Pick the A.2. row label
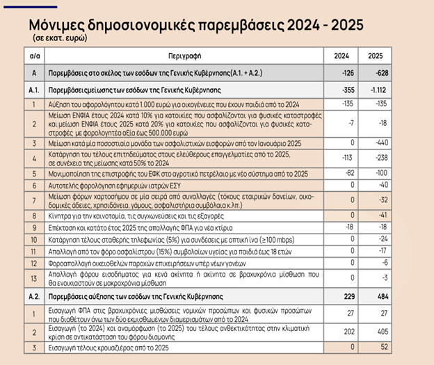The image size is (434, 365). (x=34, y=296)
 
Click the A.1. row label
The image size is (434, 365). (x=34, y=90)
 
